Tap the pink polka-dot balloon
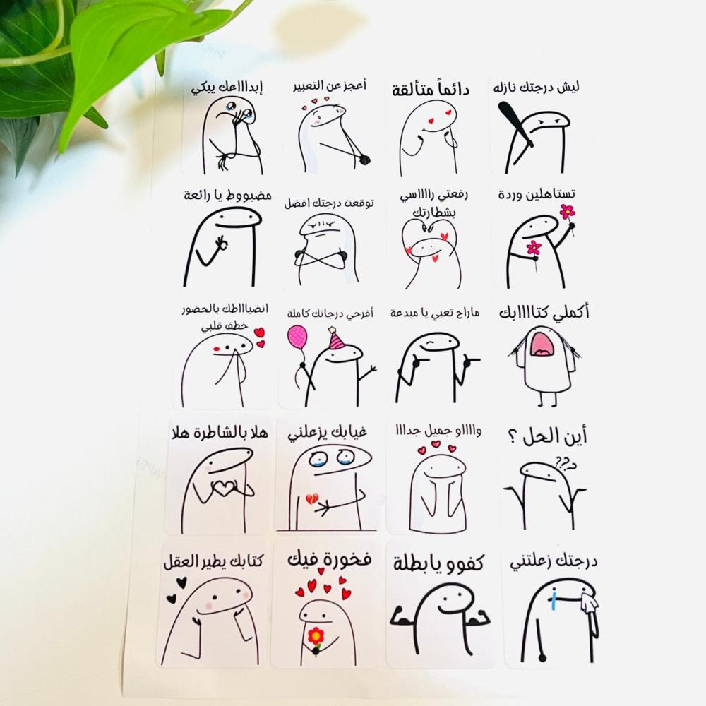[298, 338]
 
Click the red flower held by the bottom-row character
[316, 636]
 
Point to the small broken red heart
[311, 498]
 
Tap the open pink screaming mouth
[545, 344]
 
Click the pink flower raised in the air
[568, 210]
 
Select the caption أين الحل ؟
[547, 436]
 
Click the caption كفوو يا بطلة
[438, 563]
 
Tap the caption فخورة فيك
[330, 560]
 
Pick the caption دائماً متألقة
[431, 90]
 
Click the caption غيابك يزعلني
[328, 433]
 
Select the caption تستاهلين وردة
[537, 195]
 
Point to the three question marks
[566, 463]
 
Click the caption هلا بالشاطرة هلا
[220, 433]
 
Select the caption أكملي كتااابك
[544, 313]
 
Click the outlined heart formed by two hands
[224, 488]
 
